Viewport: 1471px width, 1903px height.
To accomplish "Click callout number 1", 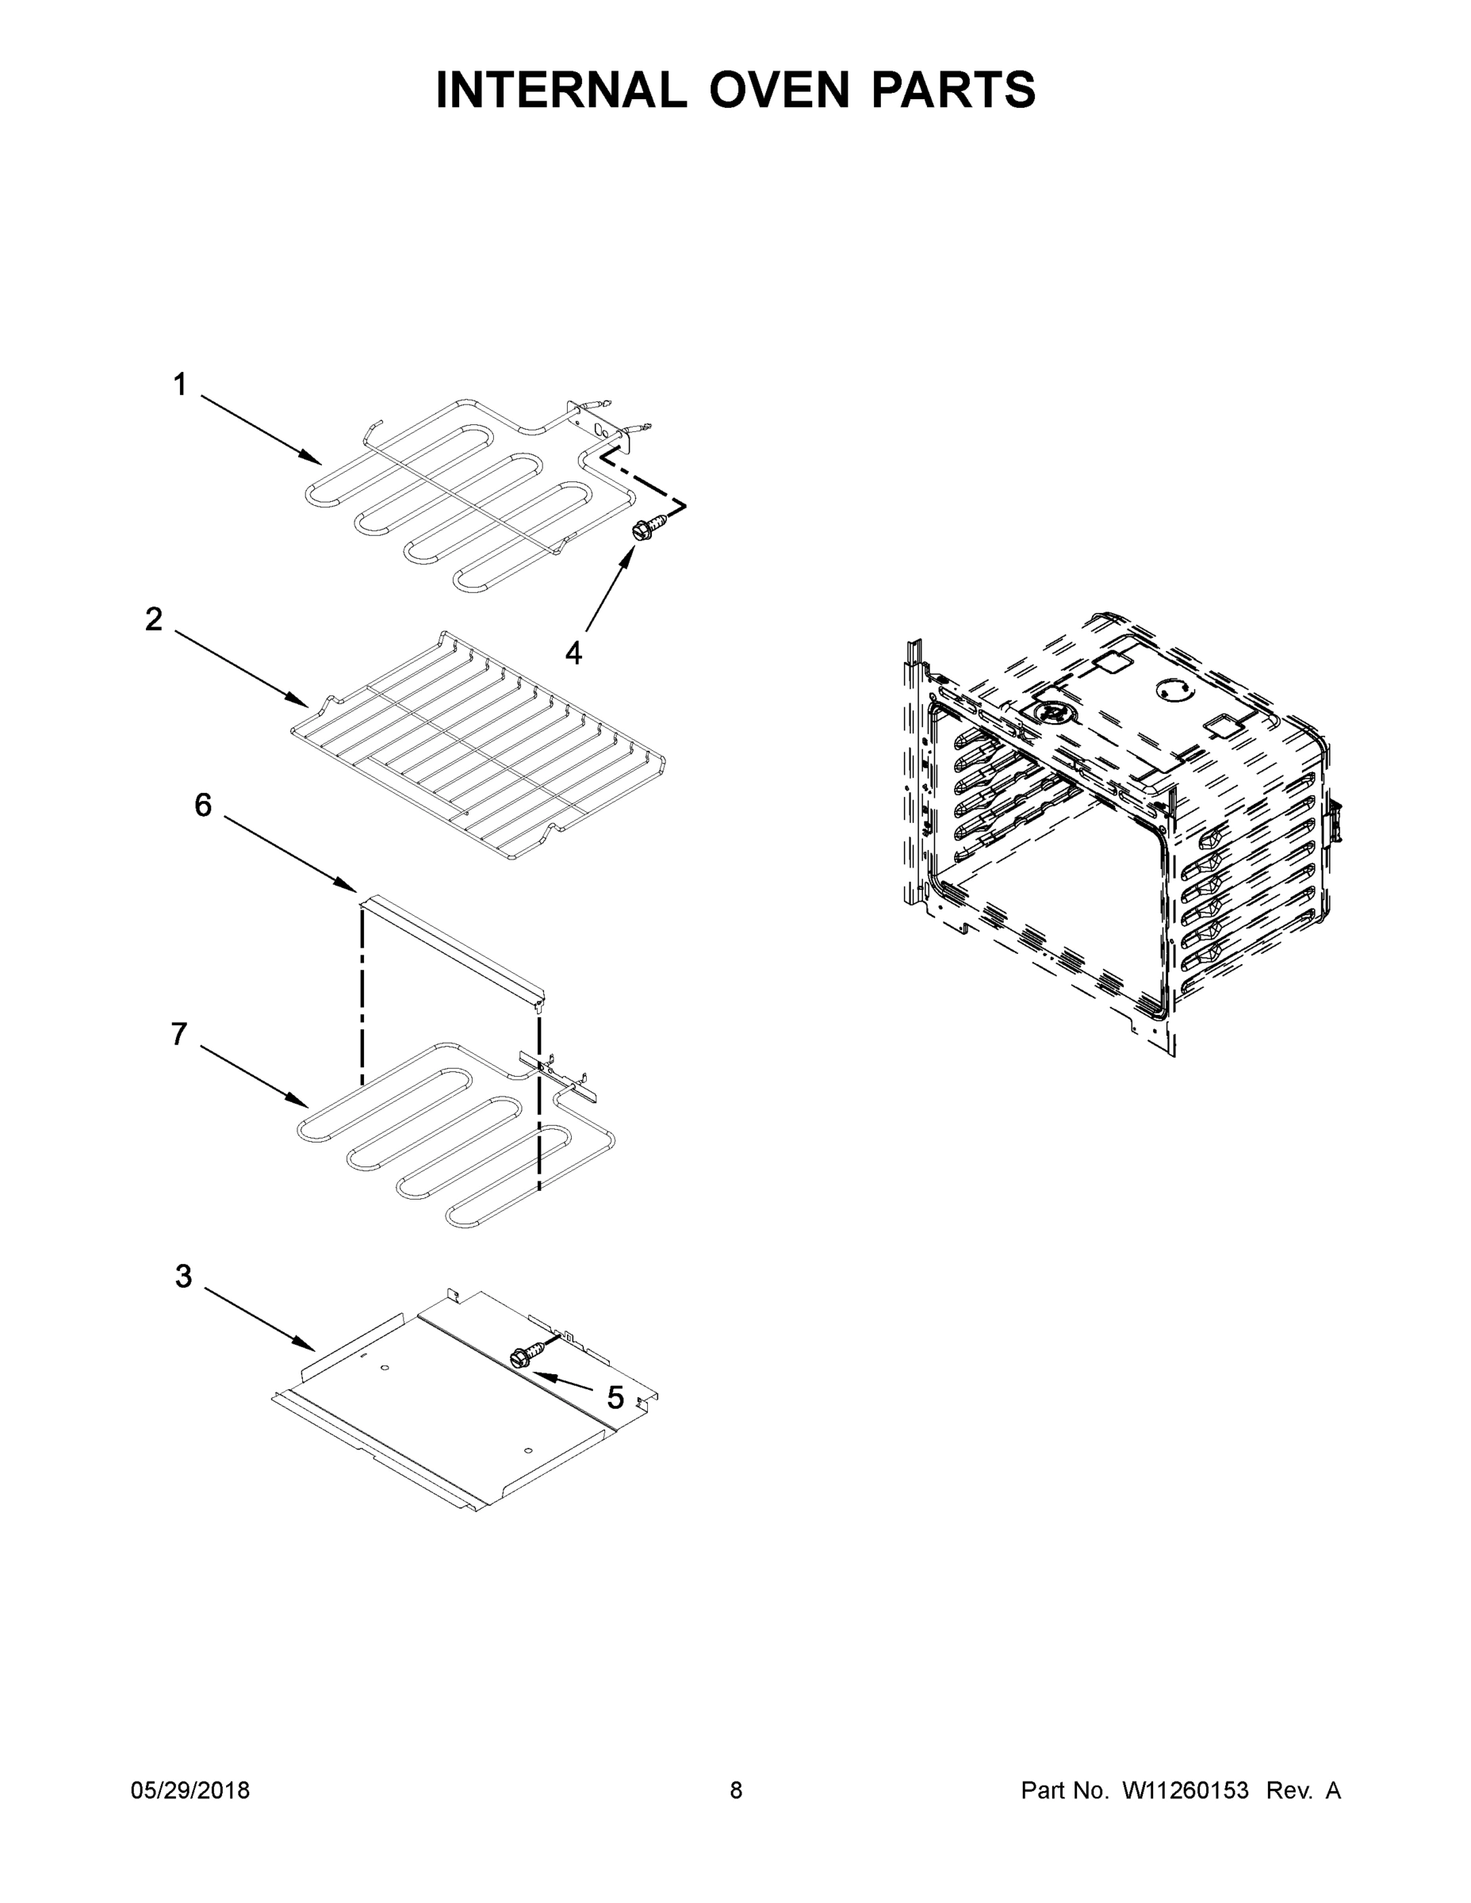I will point(179,385).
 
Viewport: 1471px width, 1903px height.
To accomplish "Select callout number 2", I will point(155,619).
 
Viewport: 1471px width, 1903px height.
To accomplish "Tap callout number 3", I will point(183,1277).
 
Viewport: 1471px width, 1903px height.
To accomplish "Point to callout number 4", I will point(573,653).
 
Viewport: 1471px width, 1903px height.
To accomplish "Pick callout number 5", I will point(615,1399).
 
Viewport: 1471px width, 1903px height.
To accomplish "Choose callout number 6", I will point(202,805).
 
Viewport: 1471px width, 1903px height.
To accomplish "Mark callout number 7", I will point(178,1034).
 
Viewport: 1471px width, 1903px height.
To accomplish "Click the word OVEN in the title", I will point(778,90).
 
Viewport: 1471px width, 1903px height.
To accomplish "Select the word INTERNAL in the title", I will point(561,90).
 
